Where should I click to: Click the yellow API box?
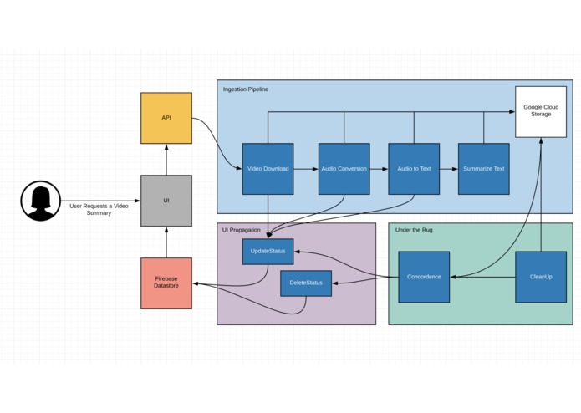click(166, 118)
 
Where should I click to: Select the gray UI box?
click(166, 201)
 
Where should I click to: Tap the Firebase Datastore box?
click(166, 283)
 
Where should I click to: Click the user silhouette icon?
click(41, 201)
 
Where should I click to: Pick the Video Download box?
click(268, 169)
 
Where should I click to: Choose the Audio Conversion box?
click(344, 169)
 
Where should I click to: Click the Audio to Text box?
click(414, 169)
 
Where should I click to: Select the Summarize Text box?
click(483, 169)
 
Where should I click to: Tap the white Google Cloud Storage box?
click(541, 112)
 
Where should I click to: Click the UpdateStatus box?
click(268, 252)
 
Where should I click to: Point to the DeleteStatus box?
click(306, 283)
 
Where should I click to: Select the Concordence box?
click(424, 277)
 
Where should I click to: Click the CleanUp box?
click(541, 277)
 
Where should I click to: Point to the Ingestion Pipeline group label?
click(246, 89)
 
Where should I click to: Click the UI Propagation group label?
click(242, 230)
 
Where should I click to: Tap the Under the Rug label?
click(414, 230)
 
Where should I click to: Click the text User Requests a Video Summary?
click(99, 209)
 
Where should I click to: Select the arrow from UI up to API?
click(166, 160)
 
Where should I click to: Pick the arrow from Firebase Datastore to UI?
click(166, 242)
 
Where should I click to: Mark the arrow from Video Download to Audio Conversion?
click(306, 169)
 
